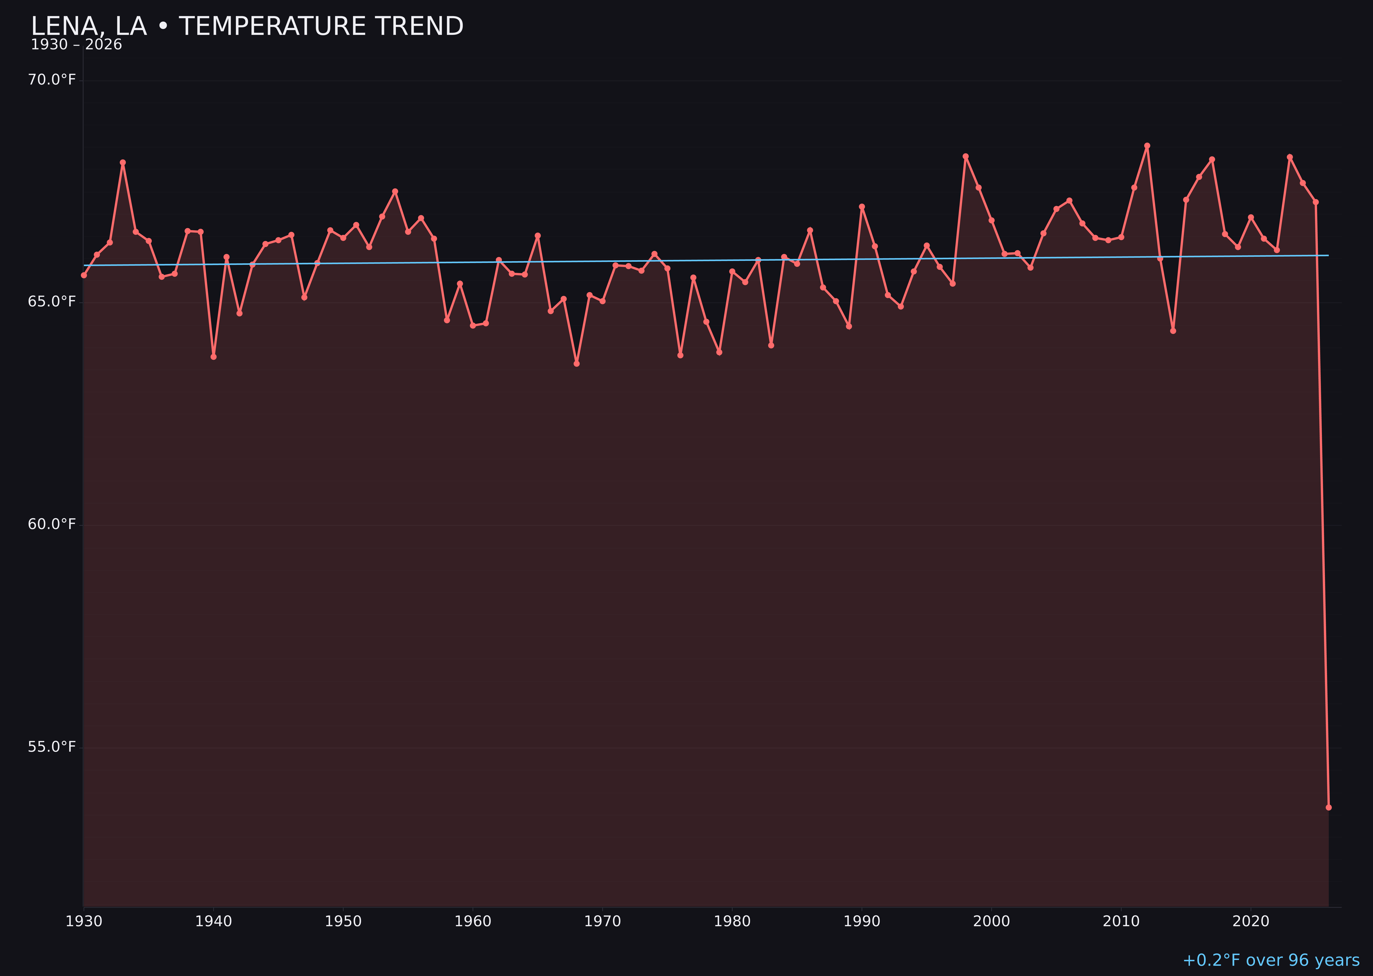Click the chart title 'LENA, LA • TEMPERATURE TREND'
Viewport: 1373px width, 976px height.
(x=247, y=26)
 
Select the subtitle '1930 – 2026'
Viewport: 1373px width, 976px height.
(x=76, y=45)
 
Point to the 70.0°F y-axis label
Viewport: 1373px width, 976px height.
(x=52, y=80)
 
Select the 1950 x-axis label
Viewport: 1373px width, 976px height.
(x=343, y=921)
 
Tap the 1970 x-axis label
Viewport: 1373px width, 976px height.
(x=602, y=921)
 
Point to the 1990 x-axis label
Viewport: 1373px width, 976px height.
(x=862, y=921)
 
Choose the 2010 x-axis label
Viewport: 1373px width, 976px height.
(x=1121, y=921)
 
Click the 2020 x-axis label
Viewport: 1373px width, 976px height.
(x=1251, y=921)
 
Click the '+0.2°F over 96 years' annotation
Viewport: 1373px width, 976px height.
(x=1271, y=960)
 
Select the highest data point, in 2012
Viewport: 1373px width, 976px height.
(x=1147, y=146)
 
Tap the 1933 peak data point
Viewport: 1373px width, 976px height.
(x=123, y=162)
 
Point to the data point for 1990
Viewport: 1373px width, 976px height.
(x=862, y=207)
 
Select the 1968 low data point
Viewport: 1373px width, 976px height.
(x=577, y=363)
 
